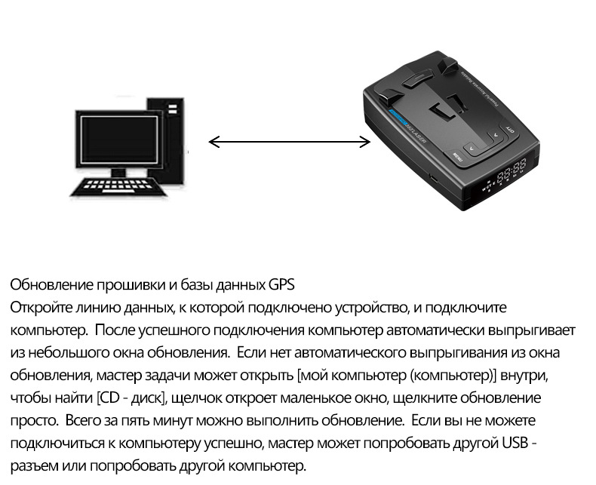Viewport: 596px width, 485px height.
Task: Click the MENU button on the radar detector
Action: pos(457,155)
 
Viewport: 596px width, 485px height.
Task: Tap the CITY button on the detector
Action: pos(508,129)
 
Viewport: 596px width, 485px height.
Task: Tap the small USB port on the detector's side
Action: pos(433,177)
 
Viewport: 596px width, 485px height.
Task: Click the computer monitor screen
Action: pos(119,139)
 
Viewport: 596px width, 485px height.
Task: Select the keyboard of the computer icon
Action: pos(114,186)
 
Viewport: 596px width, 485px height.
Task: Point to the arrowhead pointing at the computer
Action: pos(214,142)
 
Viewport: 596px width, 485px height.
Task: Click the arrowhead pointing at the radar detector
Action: pos(365,142)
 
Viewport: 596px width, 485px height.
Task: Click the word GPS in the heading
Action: pos(281,284)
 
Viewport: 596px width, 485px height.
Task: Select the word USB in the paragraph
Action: pos(515,444)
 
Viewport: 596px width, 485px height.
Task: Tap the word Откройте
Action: pos(41,308)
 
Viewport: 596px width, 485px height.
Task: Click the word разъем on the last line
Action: pos(34,466)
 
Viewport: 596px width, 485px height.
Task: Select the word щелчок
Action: pos(196,398)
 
